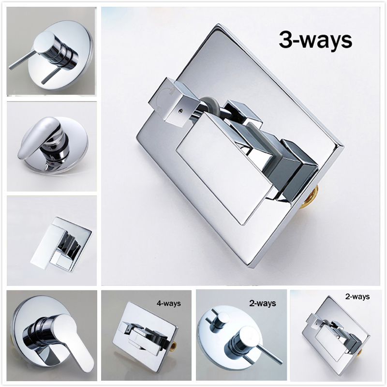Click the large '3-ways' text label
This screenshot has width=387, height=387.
click(x=315, y=40)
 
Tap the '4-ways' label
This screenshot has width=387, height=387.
click(x=169, y=303)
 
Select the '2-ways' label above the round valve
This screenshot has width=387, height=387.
click(x=263, y=303)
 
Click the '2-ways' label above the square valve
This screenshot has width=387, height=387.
click(x=357, y=297)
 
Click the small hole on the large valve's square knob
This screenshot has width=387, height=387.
click(x=180, y=111)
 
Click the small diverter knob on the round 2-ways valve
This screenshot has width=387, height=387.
click(x=221, y=318)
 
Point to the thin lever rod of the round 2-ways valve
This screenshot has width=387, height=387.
click(x=270, y=354)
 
